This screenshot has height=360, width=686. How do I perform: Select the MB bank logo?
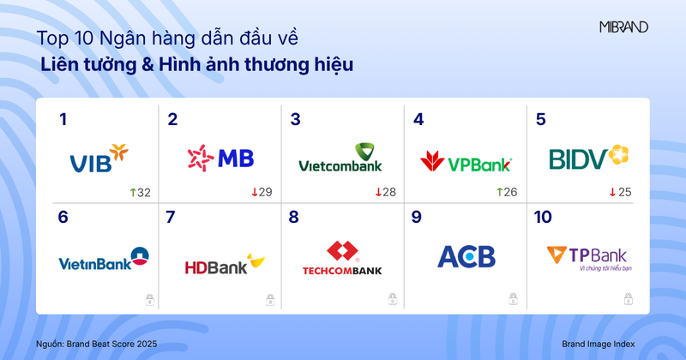click(220, 158)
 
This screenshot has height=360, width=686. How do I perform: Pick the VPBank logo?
click(466, 161)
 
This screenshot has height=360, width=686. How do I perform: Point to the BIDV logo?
click(588, 159)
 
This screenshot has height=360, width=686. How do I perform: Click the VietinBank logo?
click(95, 261)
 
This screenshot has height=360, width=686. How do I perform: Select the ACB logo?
click(466, 257)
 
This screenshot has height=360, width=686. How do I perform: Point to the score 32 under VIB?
click(142, 192)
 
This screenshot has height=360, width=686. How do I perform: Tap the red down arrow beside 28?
click(378, 192)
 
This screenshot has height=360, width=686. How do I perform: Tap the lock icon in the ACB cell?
click(514, 297)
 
